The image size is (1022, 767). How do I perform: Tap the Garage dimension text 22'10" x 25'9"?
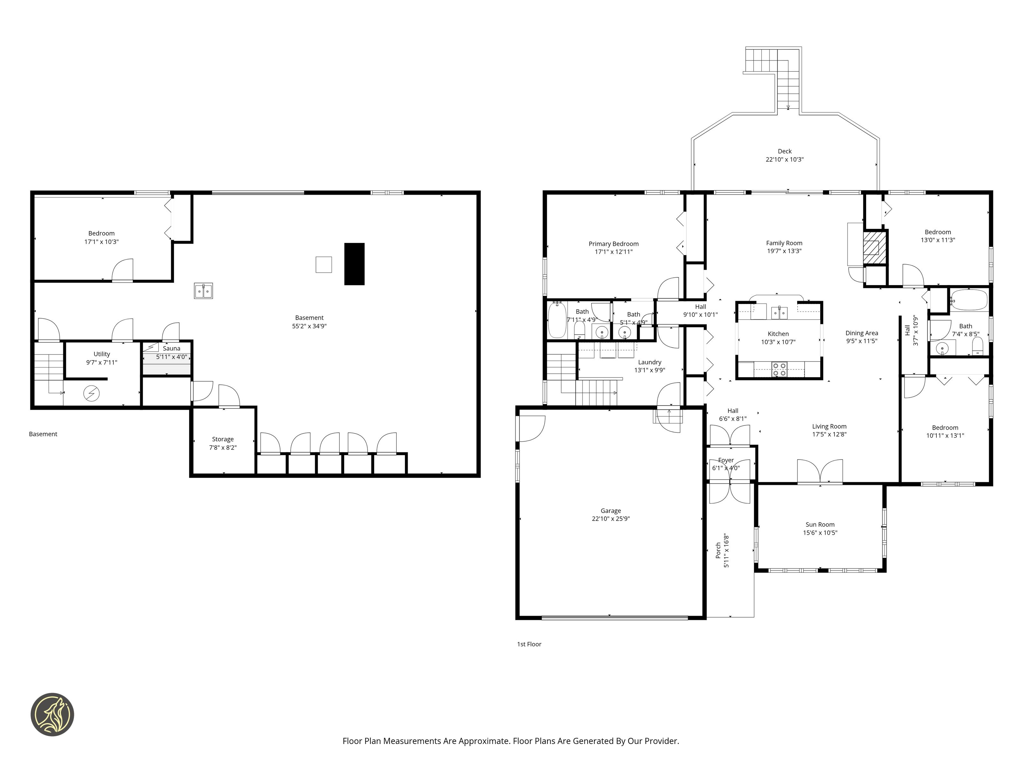[611, 519]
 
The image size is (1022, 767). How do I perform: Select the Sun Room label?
[820, 525]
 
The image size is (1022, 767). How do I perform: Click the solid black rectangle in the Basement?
[355, 264]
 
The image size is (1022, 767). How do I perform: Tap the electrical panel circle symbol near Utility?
[91, 393]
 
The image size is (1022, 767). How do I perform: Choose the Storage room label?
[223, 439]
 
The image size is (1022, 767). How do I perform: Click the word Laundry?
[650, 362]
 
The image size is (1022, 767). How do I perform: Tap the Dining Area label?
[862, 333]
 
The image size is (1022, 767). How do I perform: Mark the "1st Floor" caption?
[529, 644]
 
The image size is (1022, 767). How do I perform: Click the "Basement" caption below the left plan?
[43, 434]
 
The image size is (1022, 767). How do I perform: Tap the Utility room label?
[102, 354]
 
